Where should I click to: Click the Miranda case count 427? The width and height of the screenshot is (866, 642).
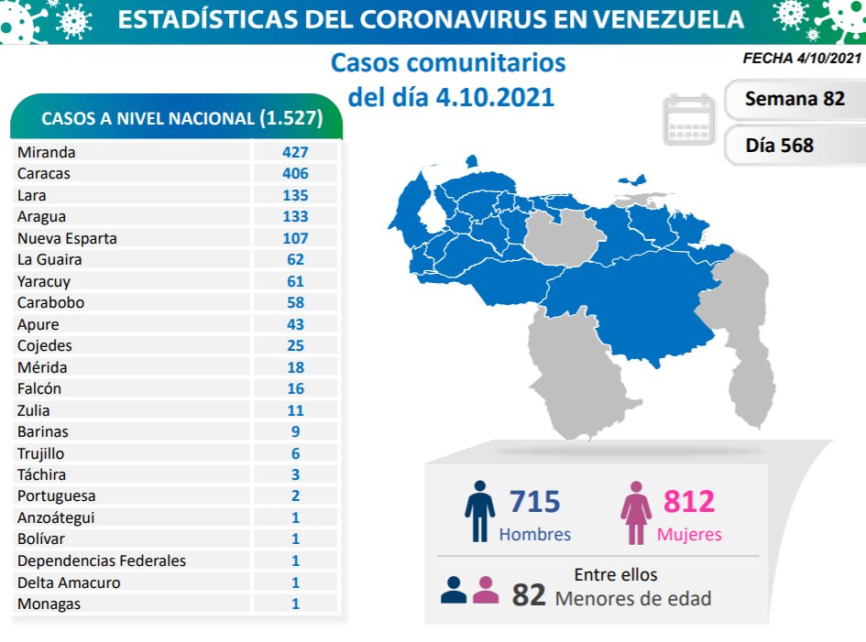tap(295, 152)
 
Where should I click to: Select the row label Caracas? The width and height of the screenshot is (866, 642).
tap(43, 173)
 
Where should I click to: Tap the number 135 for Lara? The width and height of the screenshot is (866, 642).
tap(295, 195)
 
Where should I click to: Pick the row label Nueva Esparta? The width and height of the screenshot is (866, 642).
tap(67, 238)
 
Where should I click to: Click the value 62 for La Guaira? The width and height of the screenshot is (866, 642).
tap(295, 259)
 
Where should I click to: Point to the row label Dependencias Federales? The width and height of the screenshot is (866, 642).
tap(101, 560)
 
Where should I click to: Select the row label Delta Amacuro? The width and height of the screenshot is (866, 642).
tap(68, 582)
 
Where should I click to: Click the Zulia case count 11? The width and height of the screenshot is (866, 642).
tap(295, 410)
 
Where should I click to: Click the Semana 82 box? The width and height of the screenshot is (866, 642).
tap(794, 99)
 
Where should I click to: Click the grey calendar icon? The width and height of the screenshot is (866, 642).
tap(688, 119)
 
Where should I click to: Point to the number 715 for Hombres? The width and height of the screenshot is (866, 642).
tap(534, 502)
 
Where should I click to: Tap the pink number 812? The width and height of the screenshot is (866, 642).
tap(688, 502)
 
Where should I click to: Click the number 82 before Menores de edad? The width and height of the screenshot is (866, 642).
tap(529, 596)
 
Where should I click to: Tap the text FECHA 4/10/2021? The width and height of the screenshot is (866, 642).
tap(802, 59)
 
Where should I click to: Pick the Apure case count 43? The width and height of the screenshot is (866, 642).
tap(295, 324)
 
